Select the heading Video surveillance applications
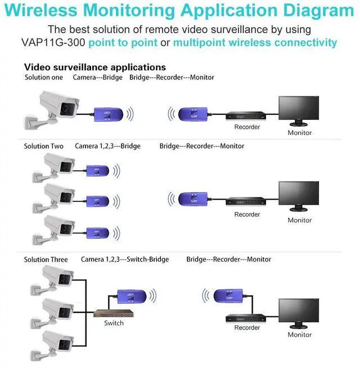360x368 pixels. (95, 67)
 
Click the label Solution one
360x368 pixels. (44, 77)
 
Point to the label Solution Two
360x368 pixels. (44, 146)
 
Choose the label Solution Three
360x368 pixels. (46, 259)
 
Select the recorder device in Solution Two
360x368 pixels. (247, 201)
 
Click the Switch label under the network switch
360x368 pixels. (114, 323)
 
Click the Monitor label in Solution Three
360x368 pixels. (299, 335)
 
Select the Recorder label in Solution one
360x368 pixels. (247, 127)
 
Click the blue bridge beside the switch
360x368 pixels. (133, 295)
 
